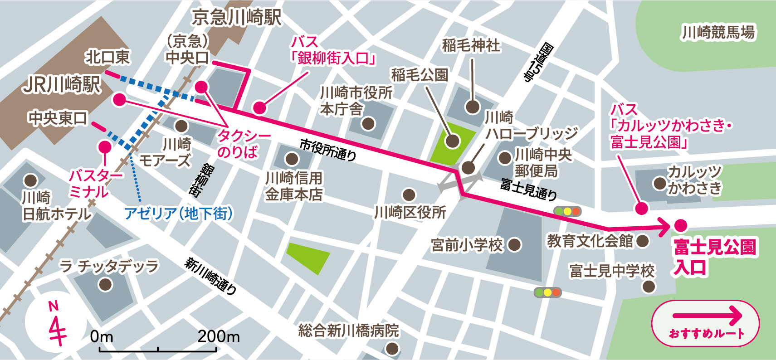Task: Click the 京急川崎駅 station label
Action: coord(236,18)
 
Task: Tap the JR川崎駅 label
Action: coord(62,84)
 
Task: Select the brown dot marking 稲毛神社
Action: coord(473,107)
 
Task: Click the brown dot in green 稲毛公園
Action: coord(452,141)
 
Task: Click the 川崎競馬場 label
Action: coord(718,32)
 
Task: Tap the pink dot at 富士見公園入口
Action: coord(680,225)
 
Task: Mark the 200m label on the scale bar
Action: coord(218,337)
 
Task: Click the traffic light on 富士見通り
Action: coord(567,211)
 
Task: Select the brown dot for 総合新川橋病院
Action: coord(392,348)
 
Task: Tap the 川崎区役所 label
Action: coord(410,212)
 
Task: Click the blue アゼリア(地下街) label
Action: coord(178,213)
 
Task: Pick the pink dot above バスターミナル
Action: coord(105,147)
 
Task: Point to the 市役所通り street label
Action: coord(328,150)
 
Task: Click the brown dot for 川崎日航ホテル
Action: coord(30,180)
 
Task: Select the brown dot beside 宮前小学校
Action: coord(514,245)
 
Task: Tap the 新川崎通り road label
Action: coord(210,276)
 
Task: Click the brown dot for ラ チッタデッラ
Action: coord(105,285)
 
